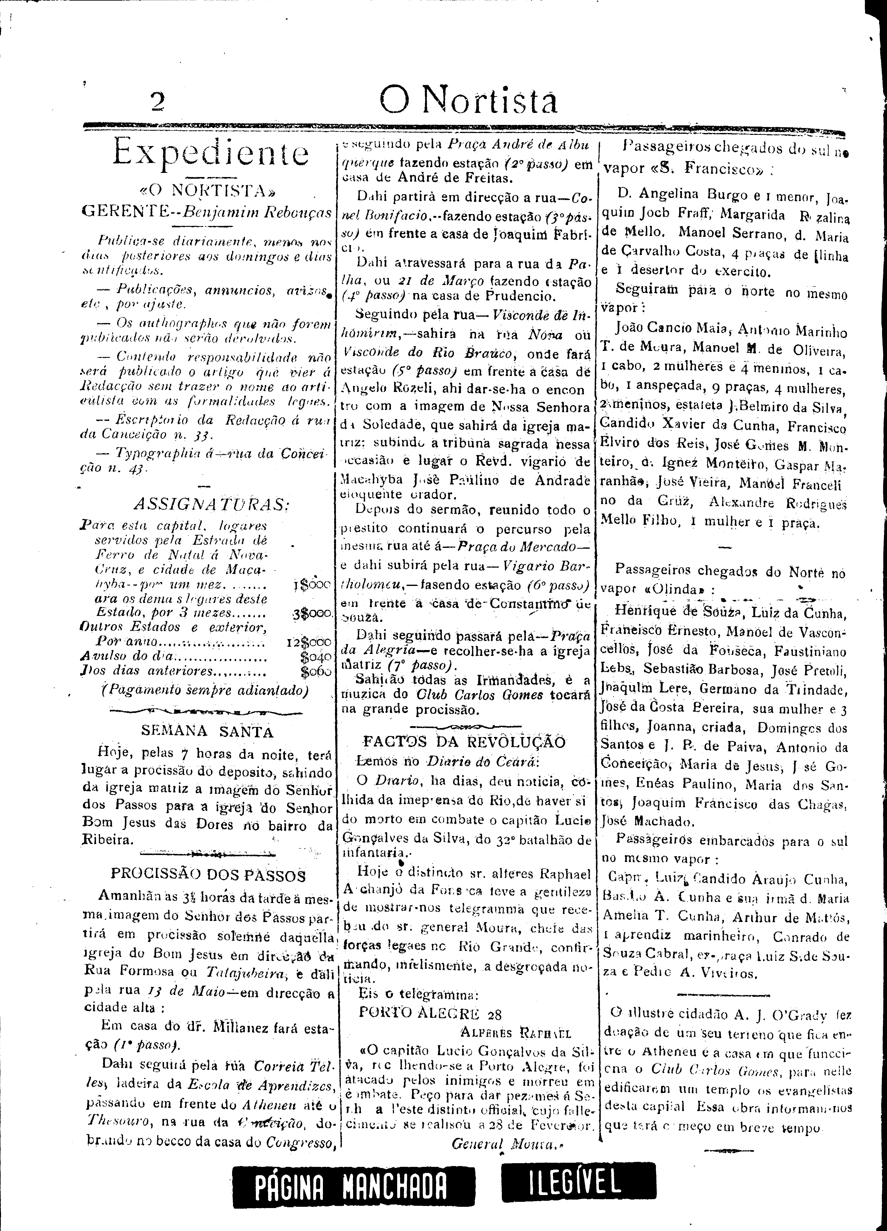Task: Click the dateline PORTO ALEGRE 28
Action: pyautogui.click(x=430, y=1013)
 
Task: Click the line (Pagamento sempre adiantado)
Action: pyautogui.click(x=205, y=690)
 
